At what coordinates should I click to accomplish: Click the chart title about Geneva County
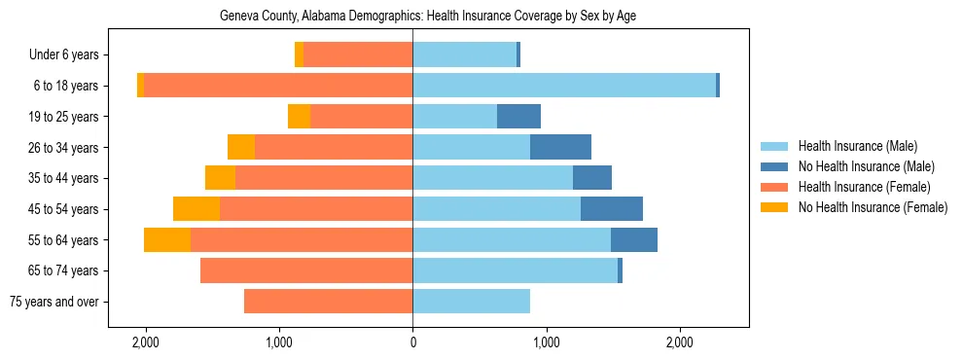pyautogui.click(x=428, y=16)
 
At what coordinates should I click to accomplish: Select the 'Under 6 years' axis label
pyautogui.click(x=70, y=55)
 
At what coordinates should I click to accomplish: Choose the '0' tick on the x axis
pyautogui.click(x=412, y=343)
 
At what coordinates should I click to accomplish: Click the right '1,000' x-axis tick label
pyautogui.click(x=546, y=343)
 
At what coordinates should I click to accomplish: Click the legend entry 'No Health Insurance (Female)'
pyautogui.click(x=873, y=207)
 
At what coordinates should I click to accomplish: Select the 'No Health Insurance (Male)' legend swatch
pyautogui.click(x=775, y=166)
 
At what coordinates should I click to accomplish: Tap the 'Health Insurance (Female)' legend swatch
pyautogui.click(x=775, y=187)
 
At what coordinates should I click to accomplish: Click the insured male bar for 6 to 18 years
pyautogui.click(x=564, y=86)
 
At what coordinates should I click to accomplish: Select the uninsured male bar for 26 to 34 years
pyautogui.click(x=560, y=147)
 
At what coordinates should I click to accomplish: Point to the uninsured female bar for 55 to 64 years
pyautogui.click(x=167, y=239)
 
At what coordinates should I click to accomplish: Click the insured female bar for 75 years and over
pyautogui.click(x=328, y=302)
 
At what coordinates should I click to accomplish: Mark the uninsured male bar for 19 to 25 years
pyautogui.click(x=518, y=117)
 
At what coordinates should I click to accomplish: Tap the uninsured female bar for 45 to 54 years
pyautogui.click(x=196, y=209)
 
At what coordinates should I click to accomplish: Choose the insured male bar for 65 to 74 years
pyautogui.click(x=515, y=270)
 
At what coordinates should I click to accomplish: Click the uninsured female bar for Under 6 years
pyautogui.click(x=299, y=55)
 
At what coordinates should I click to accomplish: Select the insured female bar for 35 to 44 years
pyautogui.click(x=324, y=178)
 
